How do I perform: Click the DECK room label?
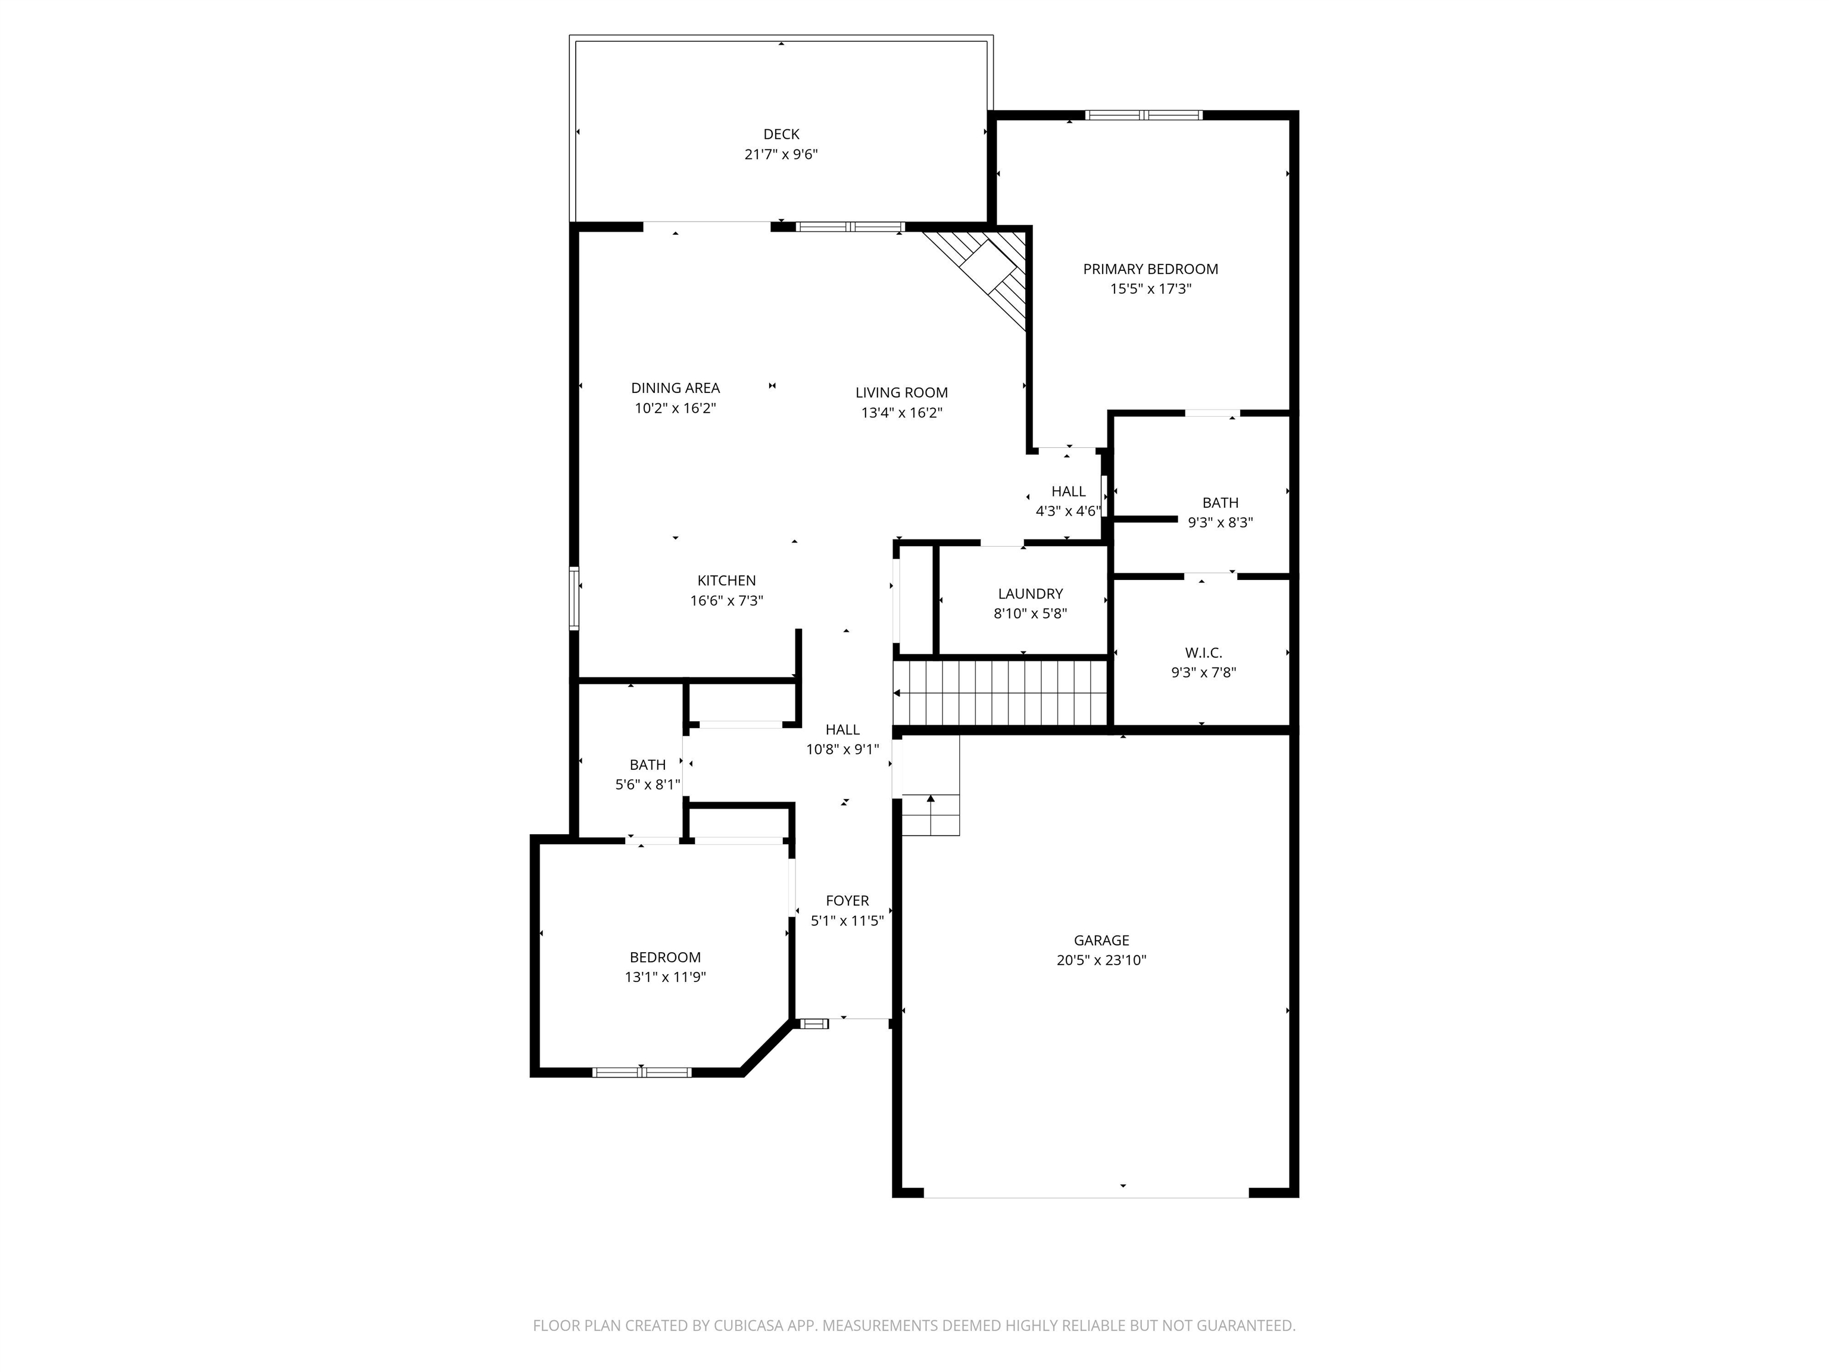coord(781,134)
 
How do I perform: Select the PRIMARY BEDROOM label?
coord(1150,269)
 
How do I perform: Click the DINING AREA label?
coord(675,388)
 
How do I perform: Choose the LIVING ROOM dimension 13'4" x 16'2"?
coord(901,413)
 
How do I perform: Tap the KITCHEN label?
coord(726,581)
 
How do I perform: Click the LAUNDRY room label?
coord(1029,594)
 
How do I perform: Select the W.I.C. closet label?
coord(1203,653)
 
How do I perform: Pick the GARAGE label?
coord(1100,940)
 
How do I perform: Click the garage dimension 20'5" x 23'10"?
coord(1100,960)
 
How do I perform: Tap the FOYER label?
coord(847,900)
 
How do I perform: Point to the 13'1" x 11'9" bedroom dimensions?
coord(665,977)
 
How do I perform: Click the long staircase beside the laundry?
coord(1000,693)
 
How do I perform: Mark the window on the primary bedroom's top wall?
coord(1144,116)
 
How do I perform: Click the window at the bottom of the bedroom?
coord(642,1072)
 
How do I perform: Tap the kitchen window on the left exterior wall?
coord(574,598)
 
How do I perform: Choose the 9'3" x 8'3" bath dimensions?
coord(1219,523)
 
